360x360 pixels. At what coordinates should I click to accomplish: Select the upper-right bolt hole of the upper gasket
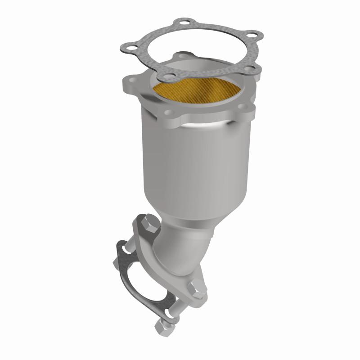click(x=254, y=35)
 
